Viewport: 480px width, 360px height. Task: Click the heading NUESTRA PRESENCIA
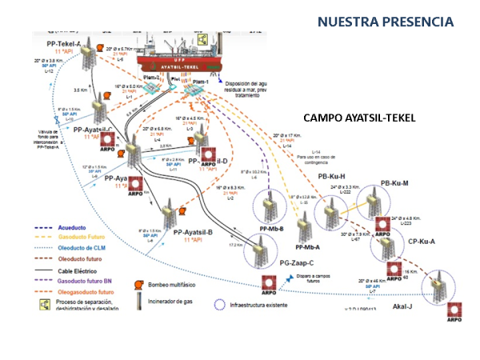coord(385,21)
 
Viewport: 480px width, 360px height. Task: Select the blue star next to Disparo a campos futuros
coord(290,279)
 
